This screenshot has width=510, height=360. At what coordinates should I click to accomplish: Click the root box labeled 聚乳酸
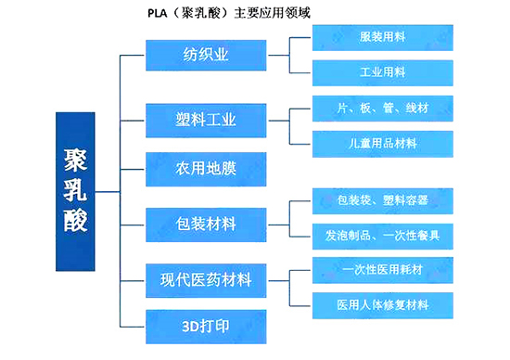[75, 192]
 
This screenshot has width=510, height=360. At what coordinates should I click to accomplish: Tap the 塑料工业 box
[206, 118]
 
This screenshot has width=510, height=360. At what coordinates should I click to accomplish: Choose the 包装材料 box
[206, 224]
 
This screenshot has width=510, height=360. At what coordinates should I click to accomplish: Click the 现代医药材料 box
[206, 277]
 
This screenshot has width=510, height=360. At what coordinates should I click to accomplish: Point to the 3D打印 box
[206, 327]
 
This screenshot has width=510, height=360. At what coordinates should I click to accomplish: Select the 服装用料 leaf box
[382, 38]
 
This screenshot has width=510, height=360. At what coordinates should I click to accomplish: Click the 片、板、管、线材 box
[382, 109]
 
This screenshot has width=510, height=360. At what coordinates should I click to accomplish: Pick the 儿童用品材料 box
[382, 144]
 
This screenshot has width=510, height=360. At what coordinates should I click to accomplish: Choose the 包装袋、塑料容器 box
[382, 199]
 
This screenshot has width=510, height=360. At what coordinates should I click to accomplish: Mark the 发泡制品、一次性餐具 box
[382, 235]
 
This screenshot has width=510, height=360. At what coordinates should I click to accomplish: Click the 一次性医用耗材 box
[382, 270]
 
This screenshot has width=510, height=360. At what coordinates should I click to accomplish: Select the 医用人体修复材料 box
[382, 305]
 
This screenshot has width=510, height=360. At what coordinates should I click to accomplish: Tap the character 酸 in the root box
[75, 232]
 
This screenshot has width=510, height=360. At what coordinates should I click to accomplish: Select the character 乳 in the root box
[75, 192]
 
